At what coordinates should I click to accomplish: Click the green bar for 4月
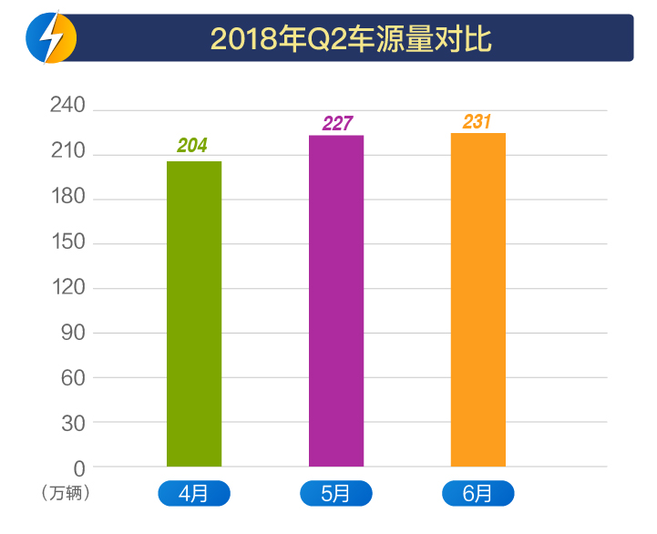(194, 313)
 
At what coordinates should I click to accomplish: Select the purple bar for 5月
(336, 301)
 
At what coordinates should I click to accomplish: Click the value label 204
(192, 146)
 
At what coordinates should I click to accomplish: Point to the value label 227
(337, 124)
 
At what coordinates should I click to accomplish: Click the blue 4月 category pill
(194, 494)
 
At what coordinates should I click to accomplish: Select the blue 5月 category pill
(336, 494)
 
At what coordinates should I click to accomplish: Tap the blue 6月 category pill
(478, 494)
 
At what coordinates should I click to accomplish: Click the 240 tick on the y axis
(67, 107)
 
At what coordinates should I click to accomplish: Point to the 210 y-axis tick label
(67, 152)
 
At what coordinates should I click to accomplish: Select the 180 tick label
(67, 197)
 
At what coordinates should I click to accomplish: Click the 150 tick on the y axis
(67, 242)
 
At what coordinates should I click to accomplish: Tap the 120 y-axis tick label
(67, 287)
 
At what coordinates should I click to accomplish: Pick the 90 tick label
(73, 333)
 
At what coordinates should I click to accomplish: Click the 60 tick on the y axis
(73, 377)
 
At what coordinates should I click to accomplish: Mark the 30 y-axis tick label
(73, 423)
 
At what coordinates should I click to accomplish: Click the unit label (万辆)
(67, 493)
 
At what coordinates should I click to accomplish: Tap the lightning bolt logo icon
(51, 38)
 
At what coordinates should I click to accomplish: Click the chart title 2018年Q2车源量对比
(351, 39)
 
